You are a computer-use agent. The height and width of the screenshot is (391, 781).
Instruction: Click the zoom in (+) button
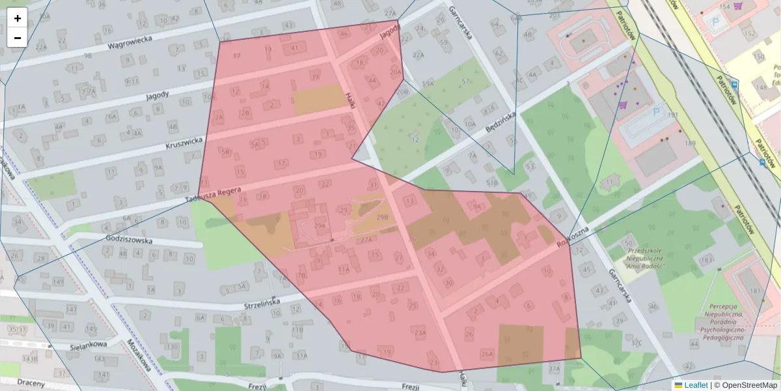pos(18,18)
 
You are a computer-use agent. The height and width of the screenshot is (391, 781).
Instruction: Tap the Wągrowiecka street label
pos(130,43)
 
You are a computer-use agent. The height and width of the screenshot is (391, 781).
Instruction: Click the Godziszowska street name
pos(128,240)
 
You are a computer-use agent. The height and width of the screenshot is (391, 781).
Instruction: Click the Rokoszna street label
pos(573,238)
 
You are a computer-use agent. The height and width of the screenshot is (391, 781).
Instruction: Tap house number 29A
pos(320,225)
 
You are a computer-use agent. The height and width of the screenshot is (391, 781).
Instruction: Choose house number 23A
pos(420,333)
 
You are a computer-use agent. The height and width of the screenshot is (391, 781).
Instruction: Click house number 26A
pos(487,354)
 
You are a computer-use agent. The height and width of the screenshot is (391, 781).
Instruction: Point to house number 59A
pos(428,84)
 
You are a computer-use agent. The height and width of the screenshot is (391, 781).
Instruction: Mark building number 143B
pos(30,358)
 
